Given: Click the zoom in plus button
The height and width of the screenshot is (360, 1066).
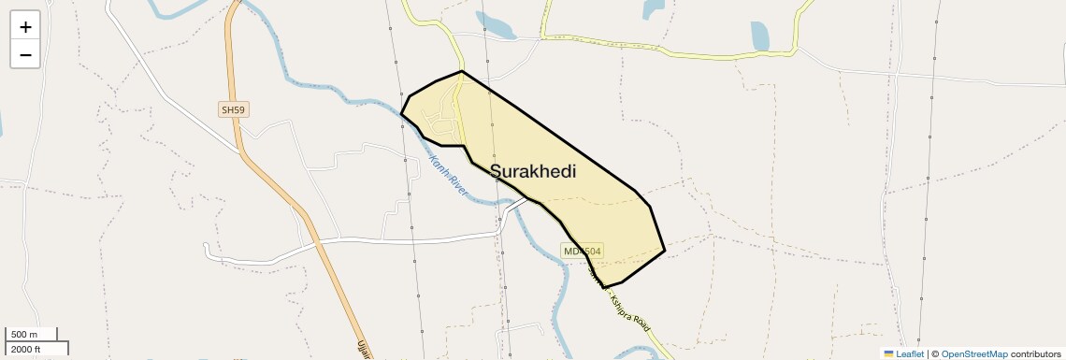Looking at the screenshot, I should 25,27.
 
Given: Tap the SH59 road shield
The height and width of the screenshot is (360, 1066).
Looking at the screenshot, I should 233,110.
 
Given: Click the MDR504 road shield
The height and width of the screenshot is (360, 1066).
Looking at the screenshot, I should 583,251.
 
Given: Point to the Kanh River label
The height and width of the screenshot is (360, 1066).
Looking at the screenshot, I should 448,174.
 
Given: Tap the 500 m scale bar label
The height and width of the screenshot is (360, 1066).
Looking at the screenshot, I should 24,335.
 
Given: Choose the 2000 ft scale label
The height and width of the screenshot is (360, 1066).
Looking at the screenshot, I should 26,349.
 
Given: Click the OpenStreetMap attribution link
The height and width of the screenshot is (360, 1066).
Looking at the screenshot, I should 973,353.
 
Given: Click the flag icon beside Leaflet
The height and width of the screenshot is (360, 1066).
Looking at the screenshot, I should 889,353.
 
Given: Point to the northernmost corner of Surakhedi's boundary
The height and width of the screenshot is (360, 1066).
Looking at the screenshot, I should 462,71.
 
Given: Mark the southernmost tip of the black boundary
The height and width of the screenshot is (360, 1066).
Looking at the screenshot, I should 604,287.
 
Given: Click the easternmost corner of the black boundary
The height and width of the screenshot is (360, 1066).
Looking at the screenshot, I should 664,251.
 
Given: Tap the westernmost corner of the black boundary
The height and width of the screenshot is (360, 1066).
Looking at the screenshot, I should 401,114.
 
